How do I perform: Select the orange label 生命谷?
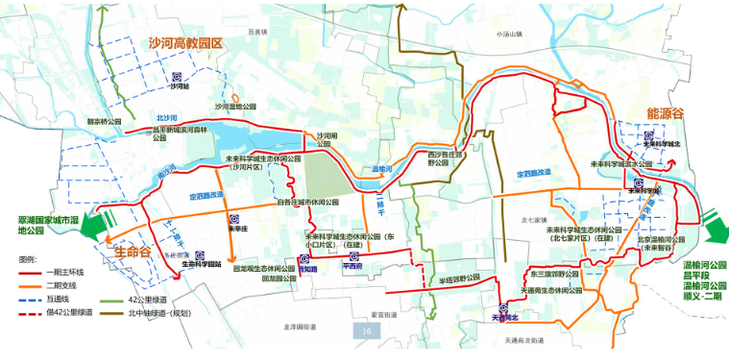pos(134,251)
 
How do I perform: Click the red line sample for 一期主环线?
pos(31,273)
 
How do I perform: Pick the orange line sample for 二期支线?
pos(31,285)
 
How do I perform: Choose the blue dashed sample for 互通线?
pos(31,299)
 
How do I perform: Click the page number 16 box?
pos(368,331)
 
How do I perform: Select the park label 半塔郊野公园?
pos(459,278)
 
